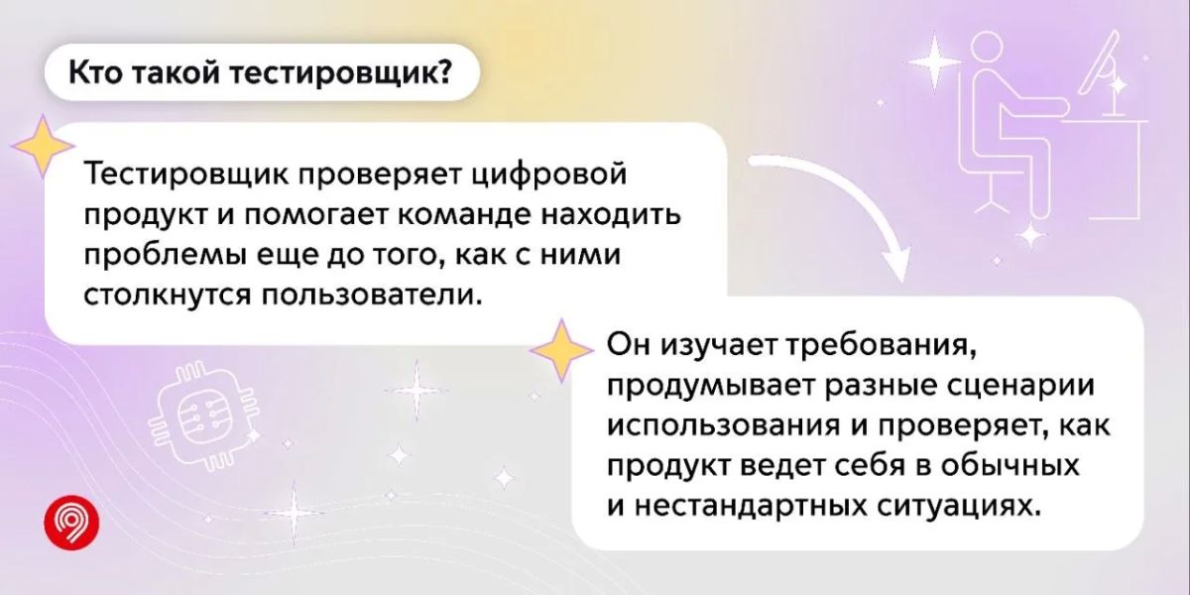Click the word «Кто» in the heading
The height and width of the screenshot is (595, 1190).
(x=95, y=72)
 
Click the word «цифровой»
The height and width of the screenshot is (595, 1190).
(x=549, y=176)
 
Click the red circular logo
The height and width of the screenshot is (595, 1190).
(x=71, y=523)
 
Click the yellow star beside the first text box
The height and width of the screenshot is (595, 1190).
(x=43, y=146)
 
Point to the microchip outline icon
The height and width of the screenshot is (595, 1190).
(x=202, y=416)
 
